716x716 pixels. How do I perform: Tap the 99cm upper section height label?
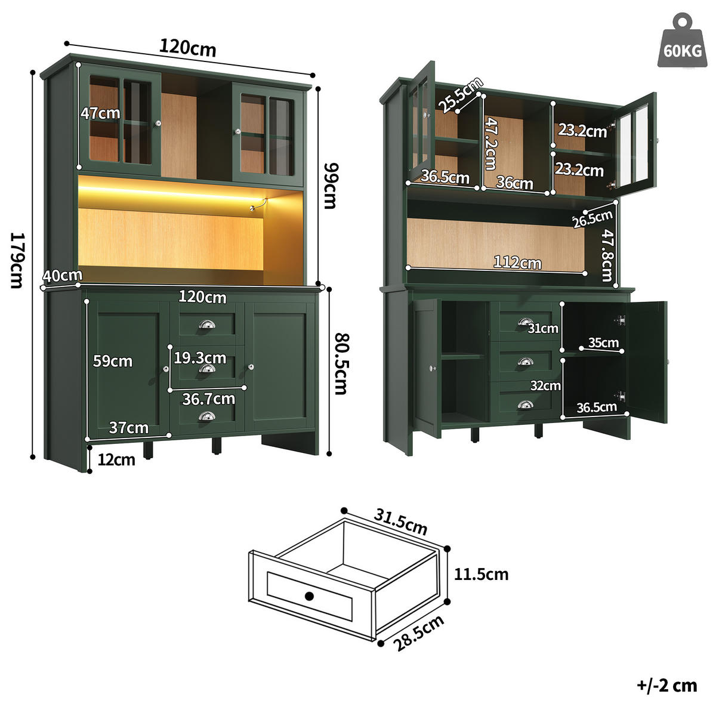[329, 186]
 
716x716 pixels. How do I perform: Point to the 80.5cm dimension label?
[340, 363]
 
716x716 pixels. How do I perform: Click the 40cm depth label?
[62, 275]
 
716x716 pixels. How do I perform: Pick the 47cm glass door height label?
[100, 113]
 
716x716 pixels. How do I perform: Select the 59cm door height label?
[112, 361]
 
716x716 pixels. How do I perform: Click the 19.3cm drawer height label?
[200, 358]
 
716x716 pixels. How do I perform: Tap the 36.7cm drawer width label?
[208, 399]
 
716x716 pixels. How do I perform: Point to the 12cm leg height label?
[117, 459]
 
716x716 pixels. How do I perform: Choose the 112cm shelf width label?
[517, 262]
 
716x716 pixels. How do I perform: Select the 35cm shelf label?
[603, 342]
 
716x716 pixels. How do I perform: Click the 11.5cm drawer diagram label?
[481, 575]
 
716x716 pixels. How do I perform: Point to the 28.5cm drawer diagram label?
[419, 633]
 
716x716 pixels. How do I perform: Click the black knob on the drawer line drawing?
[309, 595]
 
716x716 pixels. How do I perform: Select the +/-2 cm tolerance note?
[666, 685]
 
